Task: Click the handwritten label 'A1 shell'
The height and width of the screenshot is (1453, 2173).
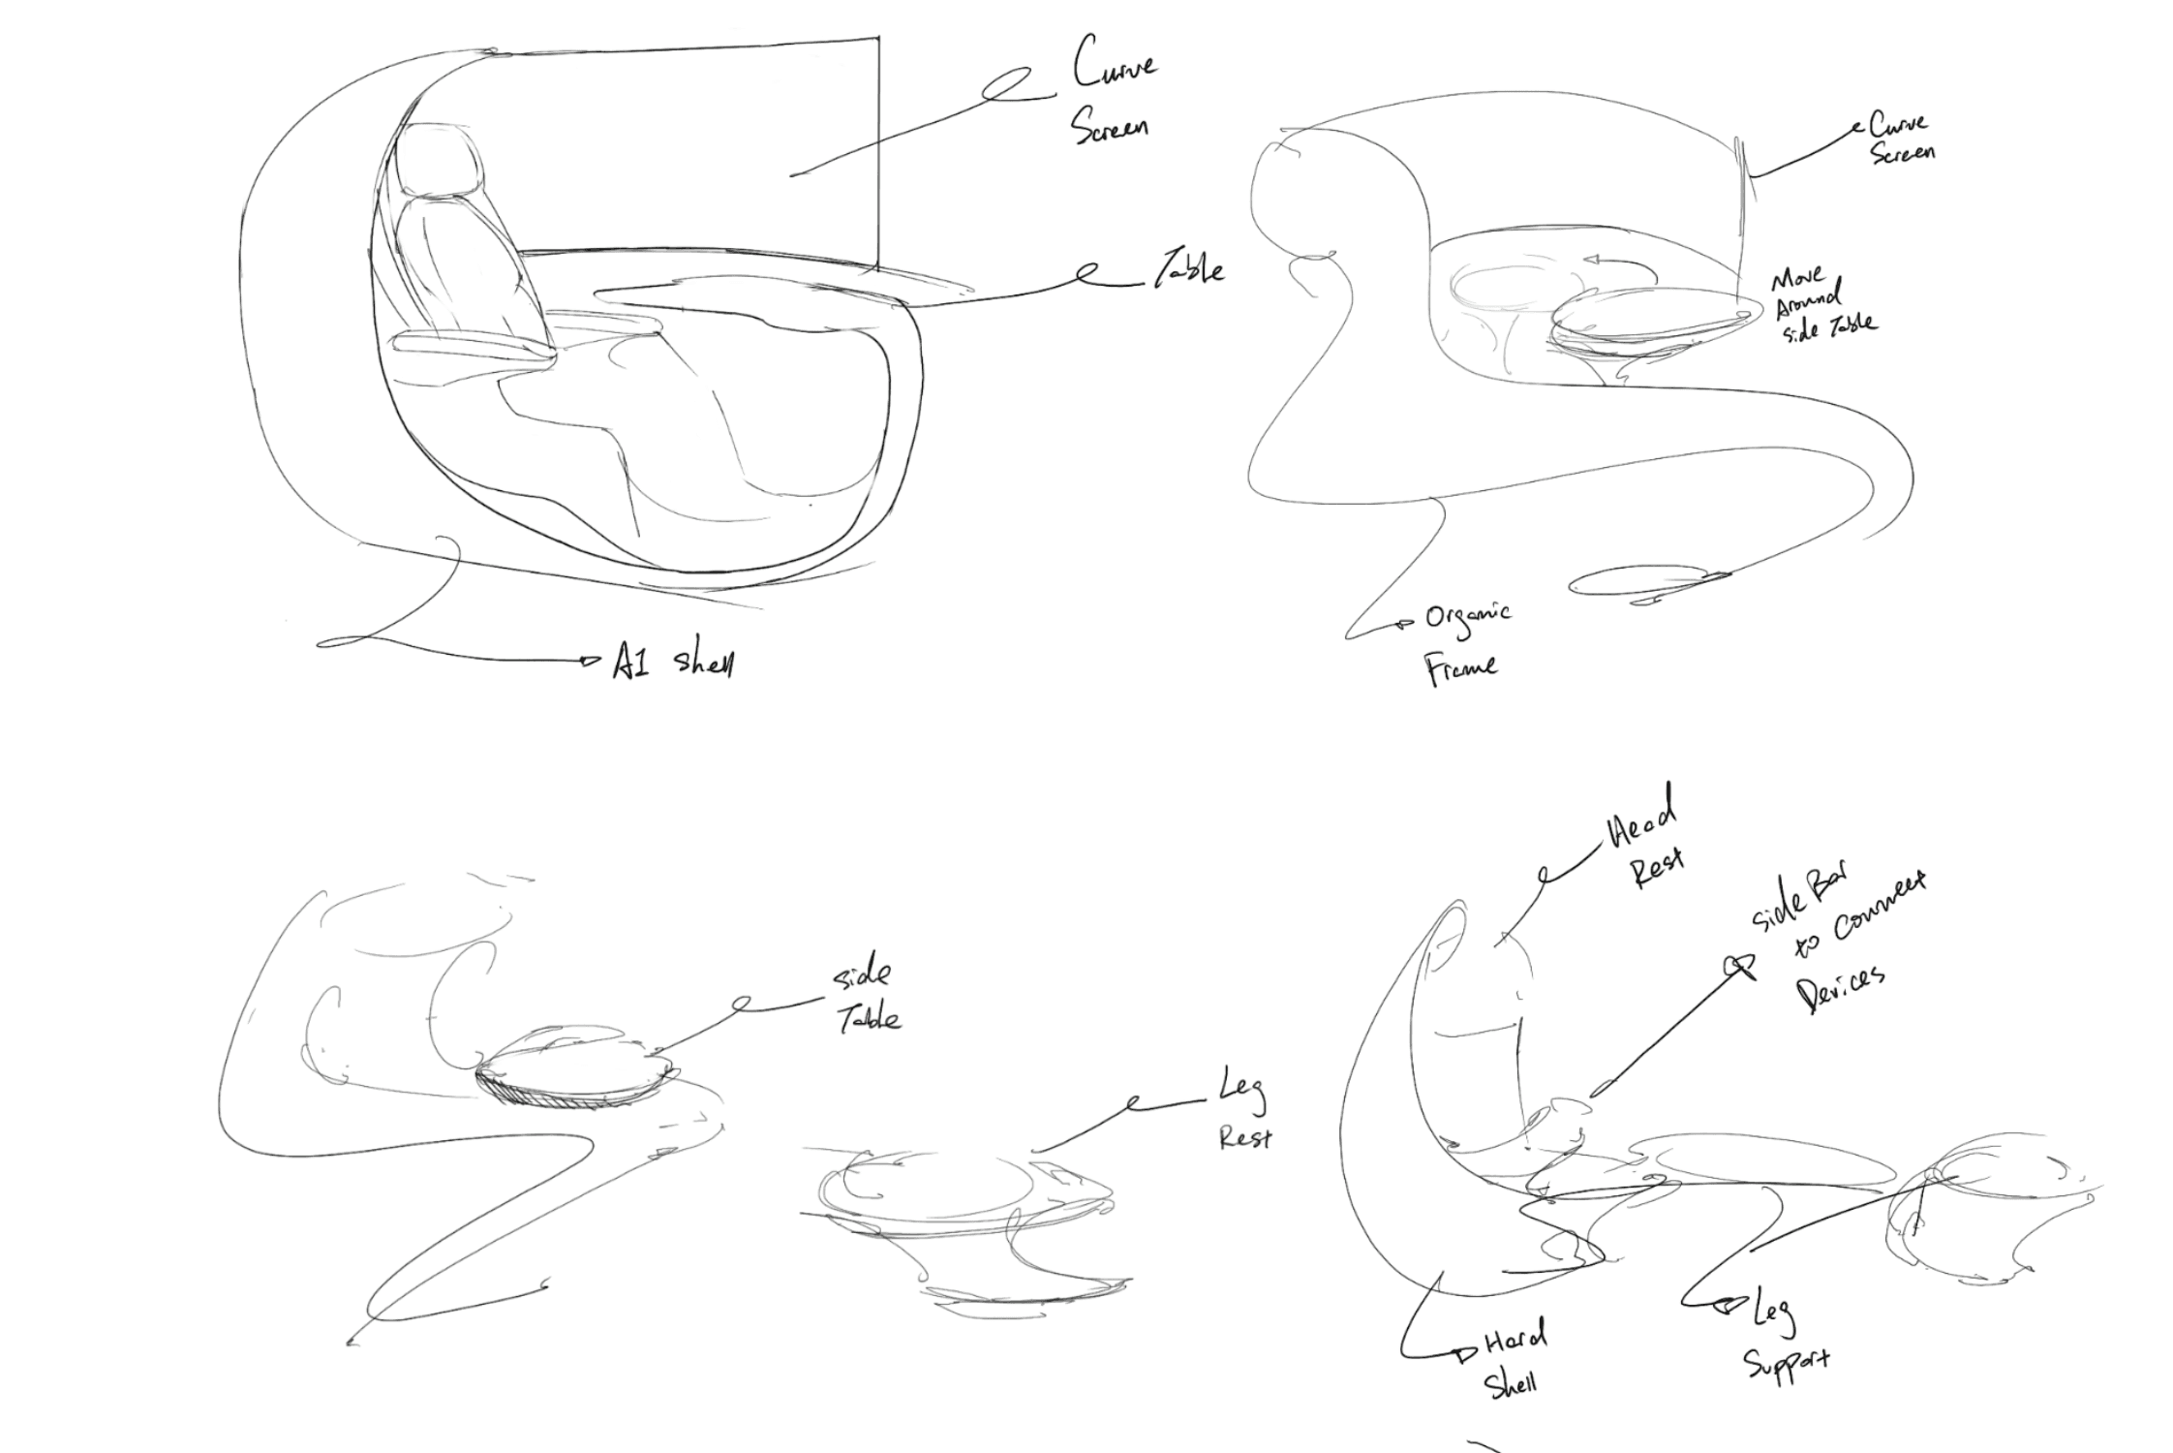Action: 673,663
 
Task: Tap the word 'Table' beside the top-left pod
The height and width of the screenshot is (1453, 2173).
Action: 1188,270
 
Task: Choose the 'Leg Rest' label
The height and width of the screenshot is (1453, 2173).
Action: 1243,1116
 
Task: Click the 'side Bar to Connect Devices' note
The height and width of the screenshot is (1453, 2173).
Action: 1835,944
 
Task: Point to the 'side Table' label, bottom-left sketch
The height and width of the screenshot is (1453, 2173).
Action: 868,998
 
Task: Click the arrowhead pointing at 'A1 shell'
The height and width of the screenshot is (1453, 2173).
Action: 589,662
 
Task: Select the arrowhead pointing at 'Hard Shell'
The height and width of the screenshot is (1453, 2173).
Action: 1463,1353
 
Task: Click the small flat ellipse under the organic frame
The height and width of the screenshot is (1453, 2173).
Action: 1646,582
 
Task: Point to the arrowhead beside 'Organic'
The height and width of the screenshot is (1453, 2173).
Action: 1406,625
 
